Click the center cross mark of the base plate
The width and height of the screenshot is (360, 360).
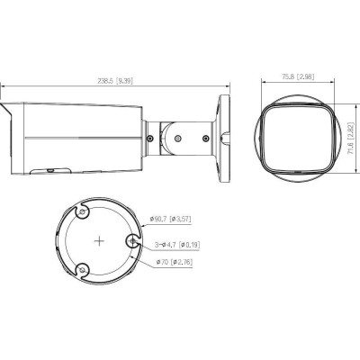pos(98,240)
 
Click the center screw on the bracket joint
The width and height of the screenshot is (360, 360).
pos(177,139)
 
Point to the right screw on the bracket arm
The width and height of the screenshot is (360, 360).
pos(206,138)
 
